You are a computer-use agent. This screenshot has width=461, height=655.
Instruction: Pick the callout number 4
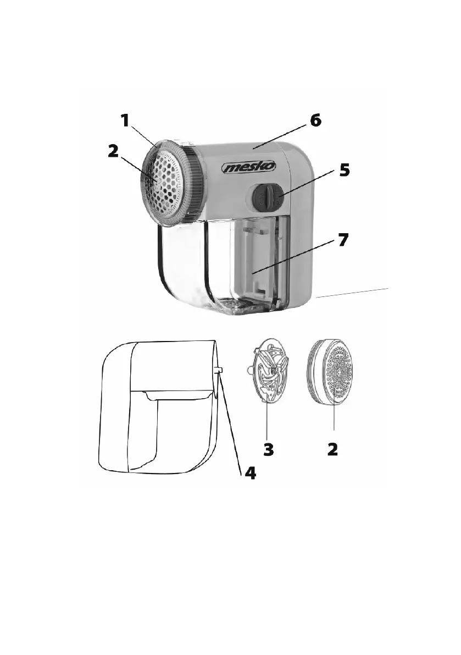[249, 472]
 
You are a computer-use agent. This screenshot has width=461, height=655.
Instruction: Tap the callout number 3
[268, 450]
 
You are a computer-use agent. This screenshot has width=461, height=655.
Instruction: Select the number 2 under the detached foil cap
[332, 450]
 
